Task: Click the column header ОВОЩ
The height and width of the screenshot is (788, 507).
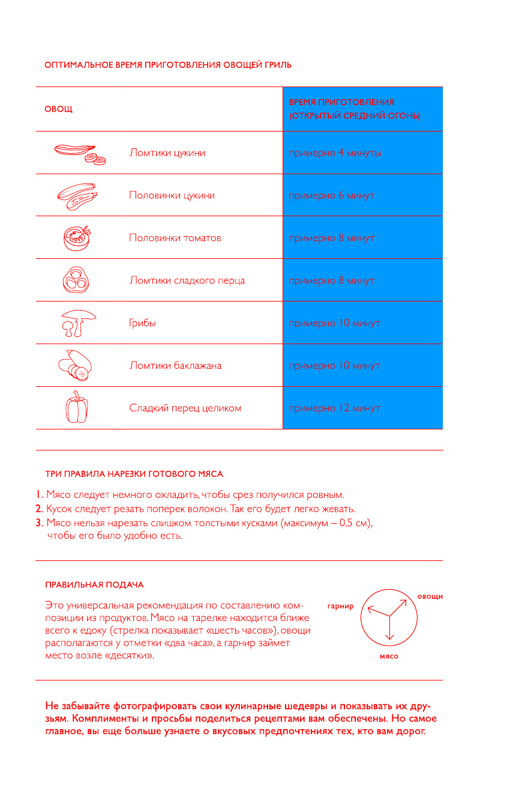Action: [x=58, y=109]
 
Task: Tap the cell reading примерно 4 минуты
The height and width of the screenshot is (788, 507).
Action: [x=335, y=153]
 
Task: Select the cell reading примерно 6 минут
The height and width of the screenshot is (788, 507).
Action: [x=332, y=196]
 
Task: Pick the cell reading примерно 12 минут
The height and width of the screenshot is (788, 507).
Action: [x=334, y=408]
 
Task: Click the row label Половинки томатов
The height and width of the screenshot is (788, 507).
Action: [x=175, y=238]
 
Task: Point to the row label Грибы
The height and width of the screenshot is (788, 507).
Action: [x=143, y=323]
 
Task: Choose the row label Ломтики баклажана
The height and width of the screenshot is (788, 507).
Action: [x=175, y=366]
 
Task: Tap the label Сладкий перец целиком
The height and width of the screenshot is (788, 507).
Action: [x=185, y=408]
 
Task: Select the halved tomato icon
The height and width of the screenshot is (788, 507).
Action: [x=77, y=238]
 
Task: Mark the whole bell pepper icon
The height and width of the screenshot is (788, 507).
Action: [x=76, y=407]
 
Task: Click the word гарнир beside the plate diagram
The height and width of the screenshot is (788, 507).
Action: [x=341, y=606]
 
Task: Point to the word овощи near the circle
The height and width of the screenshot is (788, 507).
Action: [x=430, y=596]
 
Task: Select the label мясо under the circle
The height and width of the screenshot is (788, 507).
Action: [x=389, y=656]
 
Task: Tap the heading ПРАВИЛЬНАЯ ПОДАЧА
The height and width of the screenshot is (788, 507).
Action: [x=94, y=584]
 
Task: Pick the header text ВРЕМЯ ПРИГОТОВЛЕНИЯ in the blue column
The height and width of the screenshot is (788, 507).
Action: [x=341, y=102]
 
